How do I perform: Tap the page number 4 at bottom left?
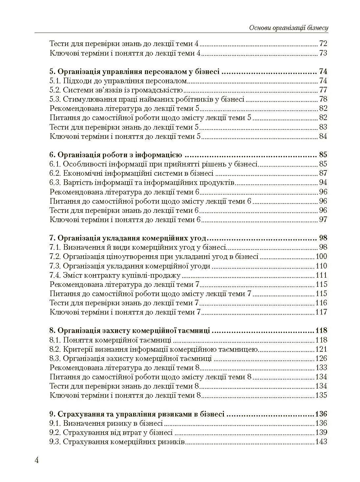(x=37, y=460)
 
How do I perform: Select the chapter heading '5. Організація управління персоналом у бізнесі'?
(x=134, y=72)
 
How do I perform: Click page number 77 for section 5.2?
(x=323, y=90)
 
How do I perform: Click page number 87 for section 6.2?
(x=323, y=173)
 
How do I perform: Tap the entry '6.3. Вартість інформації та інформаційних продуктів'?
(x=142, y=182)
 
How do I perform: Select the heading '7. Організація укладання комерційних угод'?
(x=128, y=238)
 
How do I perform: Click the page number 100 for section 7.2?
(x=321, y=256)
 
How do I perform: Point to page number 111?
(x=321, y=275)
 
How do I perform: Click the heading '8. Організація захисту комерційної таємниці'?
(x=130, y=330)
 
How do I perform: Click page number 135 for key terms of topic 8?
(x=321, y=395)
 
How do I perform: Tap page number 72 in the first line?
(x=323, y=44)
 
